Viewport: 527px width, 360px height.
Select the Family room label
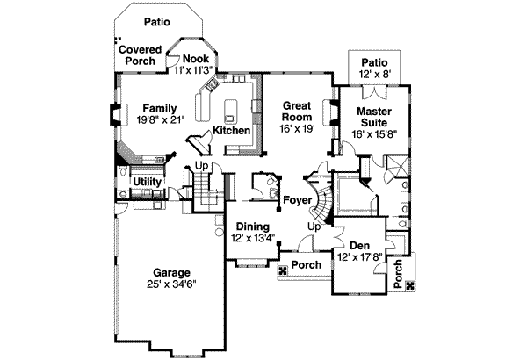159,108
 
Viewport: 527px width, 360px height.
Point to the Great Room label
296,110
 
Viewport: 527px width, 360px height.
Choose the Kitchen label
232,131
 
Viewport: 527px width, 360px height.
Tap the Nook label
195,58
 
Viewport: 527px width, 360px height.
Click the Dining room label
250,227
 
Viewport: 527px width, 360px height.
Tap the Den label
359,246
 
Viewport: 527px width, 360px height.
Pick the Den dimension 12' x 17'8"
359,257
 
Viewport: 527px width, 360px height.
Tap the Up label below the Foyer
313,226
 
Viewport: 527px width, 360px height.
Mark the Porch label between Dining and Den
306,264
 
